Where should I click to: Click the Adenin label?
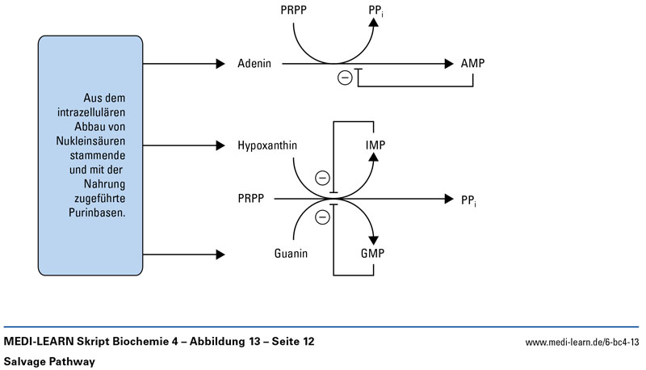point(255,63)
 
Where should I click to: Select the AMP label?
point(473,63)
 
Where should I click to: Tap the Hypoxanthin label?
point(266,145)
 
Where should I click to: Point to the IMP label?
point(373,145)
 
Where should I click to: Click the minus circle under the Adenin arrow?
point(345,78)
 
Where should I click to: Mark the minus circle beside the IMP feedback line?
point(321,179)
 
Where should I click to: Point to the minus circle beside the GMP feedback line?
point(321,217)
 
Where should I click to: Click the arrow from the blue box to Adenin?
point(182,63)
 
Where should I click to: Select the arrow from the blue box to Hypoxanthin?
point(182,145)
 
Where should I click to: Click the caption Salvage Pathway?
point(49,361)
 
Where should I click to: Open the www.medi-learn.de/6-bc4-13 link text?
point(582,343)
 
